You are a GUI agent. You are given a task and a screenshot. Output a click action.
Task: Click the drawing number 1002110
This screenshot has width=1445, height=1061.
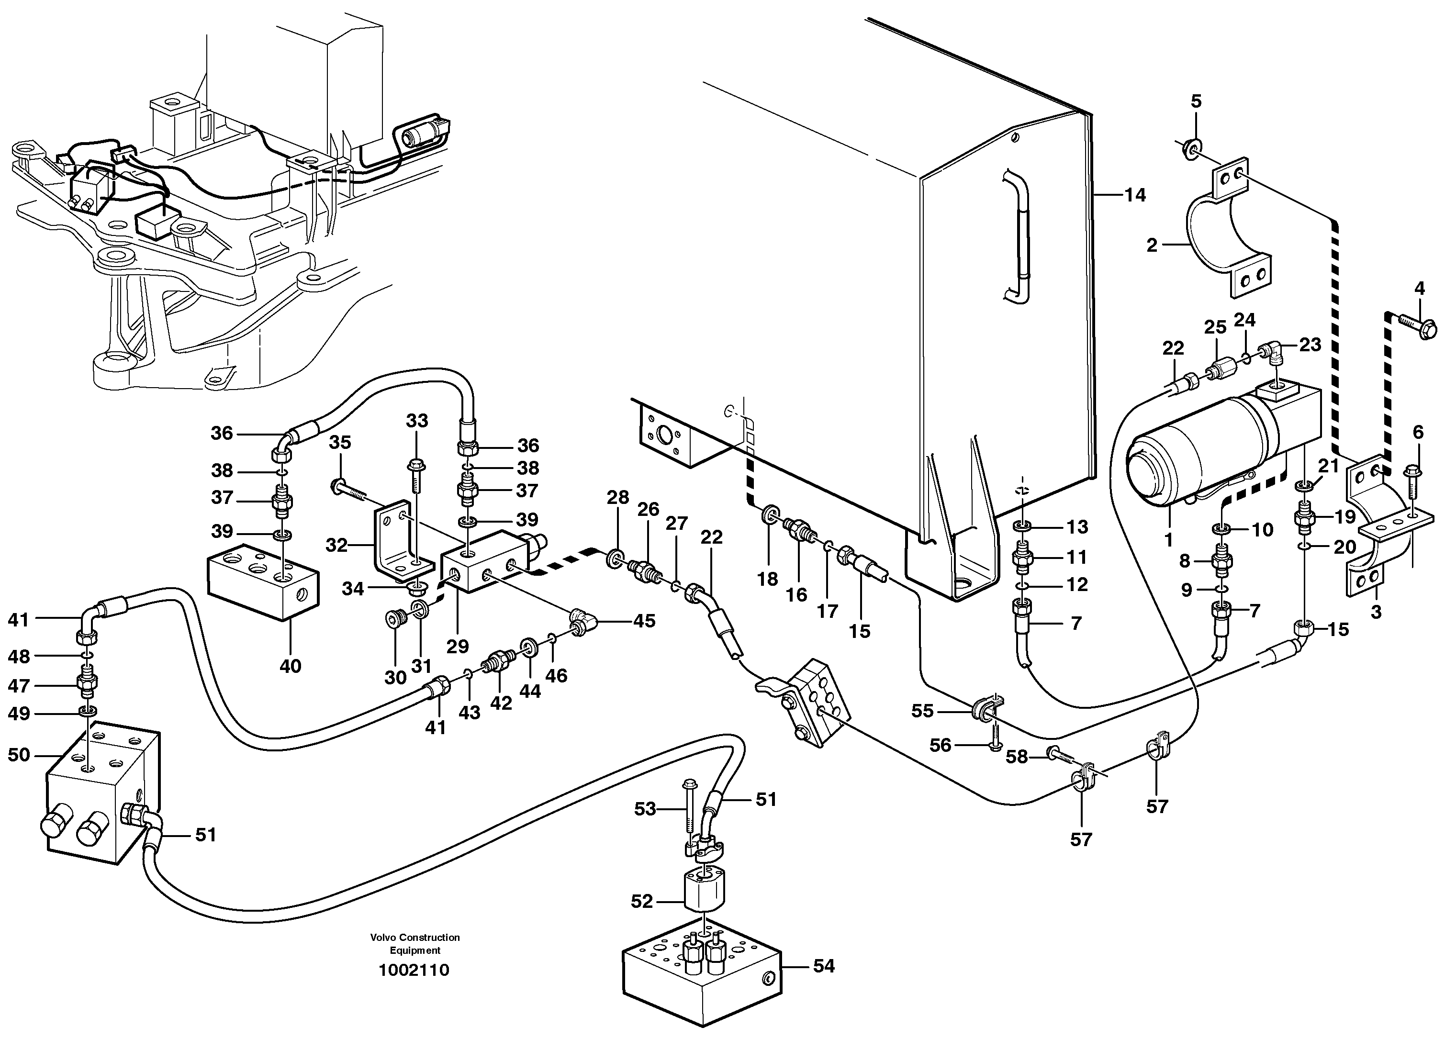tap(414, 970)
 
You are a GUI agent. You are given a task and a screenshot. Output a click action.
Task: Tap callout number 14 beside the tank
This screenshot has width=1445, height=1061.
tap(1135, 195)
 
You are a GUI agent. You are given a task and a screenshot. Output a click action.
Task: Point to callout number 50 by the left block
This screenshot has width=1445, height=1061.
tap(19, 755)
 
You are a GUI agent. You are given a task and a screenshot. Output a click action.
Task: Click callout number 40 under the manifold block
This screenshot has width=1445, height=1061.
tap(290, 666)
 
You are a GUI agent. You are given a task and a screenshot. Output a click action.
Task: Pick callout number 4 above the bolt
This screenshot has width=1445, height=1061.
tap(1419, 289)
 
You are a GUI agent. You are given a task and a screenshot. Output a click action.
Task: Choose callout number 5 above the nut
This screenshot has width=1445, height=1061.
tap(1196, 101)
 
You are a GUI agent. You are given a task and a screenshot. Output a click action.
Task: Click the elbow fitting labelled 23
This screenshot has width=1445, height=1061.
tap(1266, 352)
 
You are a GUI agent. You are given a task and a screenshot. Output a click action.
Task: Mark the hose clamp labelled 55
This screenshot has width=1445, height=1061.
tap(983, 709)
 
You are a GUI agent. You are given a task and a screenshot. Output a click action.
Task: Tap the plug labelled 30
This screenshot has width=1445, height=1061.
tap(394, 619)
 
